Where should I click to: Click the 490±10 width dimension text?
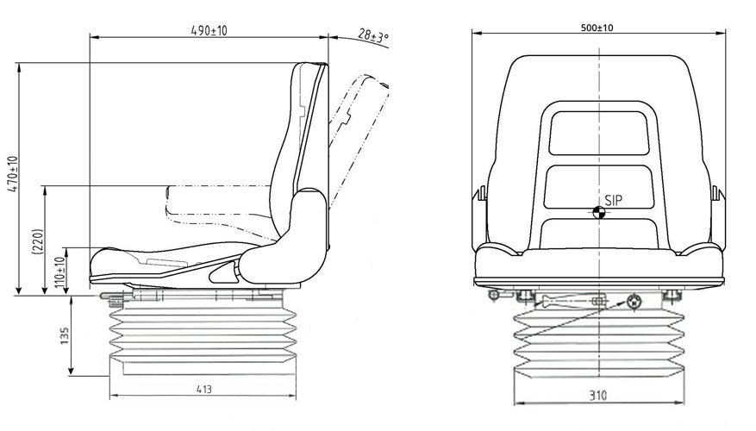point(209,30)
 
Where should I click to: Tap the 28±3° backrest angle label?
point(373,35)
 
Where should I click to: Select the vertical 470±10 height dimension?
point(13,174)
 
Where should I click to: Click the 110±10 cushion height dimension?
point(59,272)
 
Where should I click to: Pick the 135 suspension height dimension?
point(65,336)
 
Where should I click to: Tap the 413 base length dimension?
point(204,389)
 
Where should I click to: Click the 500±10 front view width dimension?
point(597,28)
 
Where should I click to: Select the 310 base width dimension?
point(597,396)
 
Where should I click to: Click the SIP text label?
point(613,200)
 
